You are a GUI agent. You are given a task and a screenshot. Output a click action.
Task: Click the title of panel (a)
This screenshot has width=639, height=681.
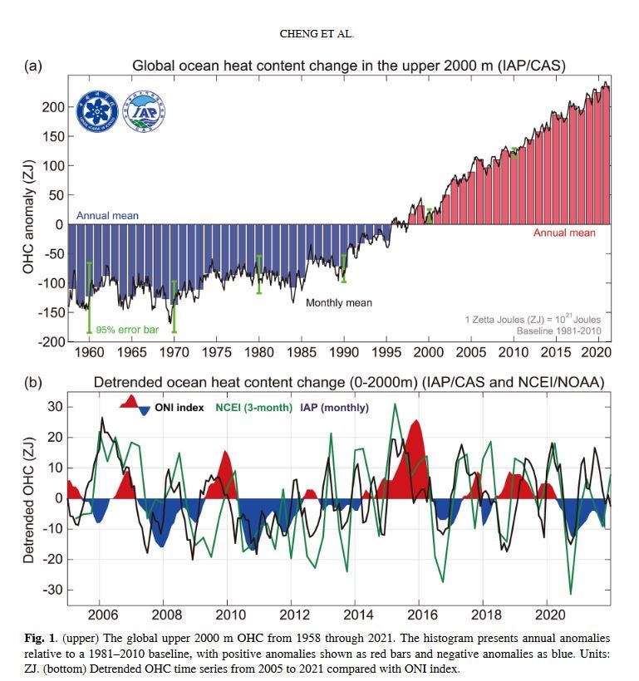pyautogui.click(x=349, y=66)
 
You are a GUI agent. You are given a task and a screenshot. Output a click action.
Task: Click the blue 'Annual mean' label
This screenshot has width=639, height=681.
pyautogui.click(x=107, y=216)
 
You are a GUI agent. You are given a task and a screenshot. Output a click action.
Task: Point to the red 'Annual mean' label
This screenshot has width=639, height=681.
pyautogui.click(x=564, y=233)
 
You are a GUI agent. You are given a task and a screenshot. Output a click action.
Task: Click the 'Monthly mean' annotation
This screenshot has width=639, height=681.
pyautogui.click(x=339, y=303)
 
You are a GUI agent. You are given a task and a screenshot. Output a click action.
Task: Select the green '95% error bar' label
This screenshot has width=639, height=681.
pyautogui.click(x=127, y=330)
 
